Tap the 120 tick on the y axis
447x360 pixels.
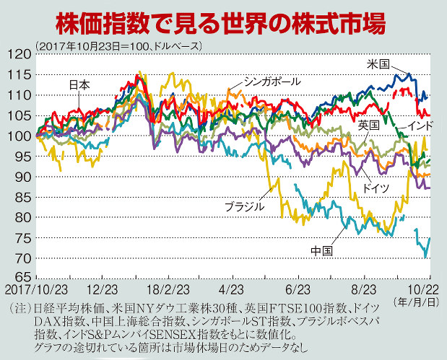coord(17,54)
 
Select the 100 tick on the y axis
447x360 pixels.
coord(17,136)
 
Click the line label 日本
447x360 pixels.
coord(79,84)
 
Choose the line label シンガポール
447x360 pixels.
coord(272,80)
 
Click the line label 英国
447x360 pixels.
coord(368,125)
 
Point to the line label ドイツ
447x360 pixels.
coord(376,188)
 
